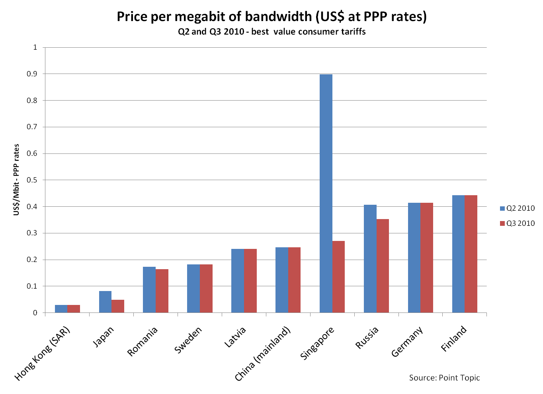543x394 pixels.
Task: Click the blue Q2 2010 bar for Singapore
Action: click(x=326, y=193)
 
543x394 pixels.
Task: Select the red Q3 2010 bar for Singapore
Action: click(x=339, y=277)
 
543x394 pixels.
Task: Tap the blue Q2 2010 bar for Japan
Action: click(x=105, y=302)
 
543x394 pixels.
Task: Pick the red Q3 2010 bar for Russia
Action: click(x=383, y=266)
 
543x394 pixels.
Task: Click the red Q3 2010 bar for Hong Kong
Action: click(x=74, y=309)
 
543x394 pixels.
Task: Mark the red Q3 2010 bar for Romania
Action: click(x=162, y=291)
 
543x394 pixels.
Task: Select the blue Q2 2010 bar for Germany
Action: click(x=414, y=258)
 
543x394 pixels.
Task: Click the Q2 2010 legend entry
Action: click(x=517, y=208)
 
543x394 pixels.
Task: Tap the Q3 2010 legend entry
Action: click(x=517, y=223)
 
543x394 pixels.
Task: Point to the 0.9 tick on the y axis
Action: click(x=32, y=74)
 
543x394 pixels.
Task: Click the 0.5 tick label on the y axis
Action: click(x=32, y=180)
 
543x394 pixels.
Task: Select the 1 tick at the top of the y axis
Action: click(x=35, y=47)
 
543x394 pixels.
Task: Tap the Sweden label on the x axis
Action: click(x=188, y=340)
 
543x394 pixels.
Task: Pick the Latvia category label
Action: click(x=235, y=337)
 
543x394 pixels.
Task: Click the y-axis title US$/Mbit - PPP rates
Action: click(x=16, y=180)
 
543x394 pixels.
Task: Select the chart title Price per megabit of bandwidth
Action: click(x=271, y=17)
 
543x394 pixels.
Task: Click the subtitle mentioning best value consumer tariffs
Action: click(x=271, y=32)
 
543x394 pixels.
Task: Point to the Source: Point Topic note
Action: click(x=444, y=378)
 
